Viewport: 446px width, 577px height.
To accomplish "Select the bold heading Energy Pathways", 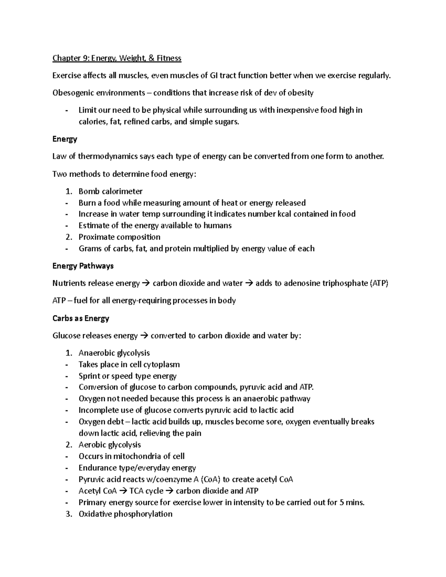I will (83, 266).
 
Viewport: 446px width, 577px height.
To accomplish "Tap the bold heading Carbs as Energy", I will (81, 318).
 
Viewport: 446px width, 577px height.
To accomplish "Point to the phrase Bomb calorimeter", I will (110, 191).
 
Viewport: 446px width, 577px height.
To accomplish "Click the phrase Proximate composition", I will (119, 237).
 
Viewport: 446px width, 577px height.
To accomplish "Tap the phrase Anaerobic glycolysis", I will (114, 353).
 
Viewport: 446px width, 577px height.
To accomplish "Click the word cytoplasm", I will (161, 364).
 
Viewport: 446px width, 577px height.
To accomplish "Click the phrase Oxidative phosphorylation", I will (125, 514).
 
